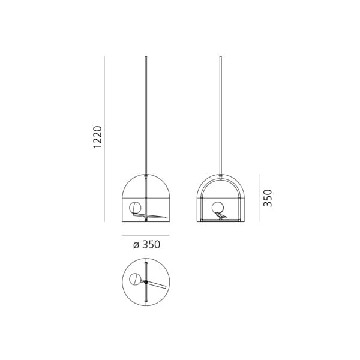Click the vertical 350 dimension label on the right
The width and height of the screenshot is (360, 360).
click(x=268, y=198)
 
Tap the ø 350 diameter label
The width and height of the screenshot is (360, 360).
click(x=146, y=244)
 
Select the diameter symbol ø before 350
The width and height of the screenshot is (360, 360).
click(x=136, y=244)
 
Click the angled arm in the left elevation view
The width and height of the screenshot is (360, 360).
click(x=157, y=214)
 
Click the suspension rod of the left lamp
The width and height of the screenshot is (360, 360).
click(x=146, y=114)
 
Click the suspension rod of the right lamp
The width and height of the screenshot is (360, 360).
click(x=221, y=114)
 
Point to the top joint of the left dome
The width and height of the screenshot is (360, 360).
click(x=146, y=176)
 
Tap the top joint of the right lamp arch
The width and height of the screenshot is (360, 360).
click(x=221, y=176)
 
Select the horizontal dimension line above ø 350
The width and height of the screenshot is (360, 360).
click(x=146, y=235)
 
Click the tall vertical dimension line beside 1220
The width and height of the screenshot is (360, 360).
click(x=104, y=138)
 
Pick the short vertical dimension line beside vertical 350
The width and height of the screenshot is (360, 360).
click(x=260, y=198)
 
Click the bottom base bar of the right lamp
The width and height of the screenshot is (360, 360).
click(x=221, y=220)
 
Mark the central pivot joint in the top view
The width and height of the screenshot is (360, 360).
click(x=146, y=281)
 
